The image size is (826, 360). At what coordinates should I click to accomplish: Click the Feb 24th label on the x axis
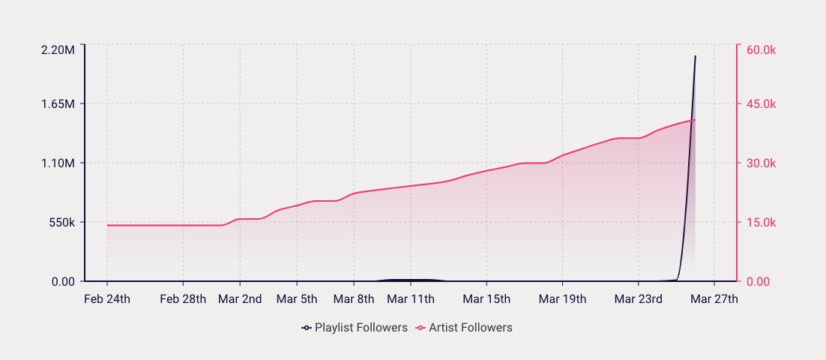pos(107,299)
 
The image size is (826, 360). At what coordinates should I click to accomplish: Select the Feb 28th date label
pos(183,299)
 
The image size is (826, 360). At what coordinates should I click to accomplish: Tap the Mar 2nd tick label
pos(240,299)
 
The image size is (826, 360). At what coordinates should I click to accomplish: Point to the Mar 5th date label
pos(297,299)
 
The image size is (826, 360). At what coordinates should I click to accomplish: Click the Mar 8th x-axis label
pos(354,299)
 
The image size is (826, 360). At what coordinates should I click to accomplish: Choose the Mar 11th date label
pos(411,299)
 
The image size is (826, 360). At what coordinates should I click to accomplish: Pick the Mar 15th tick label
pos(486,299)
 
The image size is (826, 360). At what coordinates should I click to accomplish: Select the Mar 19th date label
pos(562,299)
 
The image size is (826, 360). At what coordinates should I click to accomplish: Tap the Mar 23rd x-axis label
pos(638,299)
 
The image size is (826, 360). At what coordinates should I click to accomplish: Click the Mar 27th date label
pos(714,299)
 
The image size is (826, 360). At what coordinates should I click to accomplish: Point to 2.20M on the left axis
pos(58,49)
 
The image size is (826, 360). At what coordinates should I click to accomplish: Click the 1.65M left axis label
pos(58,103)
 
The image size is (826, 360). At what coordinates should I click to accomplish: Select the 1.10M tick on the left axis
pos(58,163)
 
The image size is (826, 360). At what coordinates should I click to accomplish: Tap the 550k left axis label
pos(60,223)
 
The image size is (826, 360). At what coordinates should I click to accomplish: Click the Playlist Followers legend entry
pos(355,328)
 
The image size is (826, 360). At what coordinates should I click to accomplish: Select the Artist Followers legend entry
pos(465,328)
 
